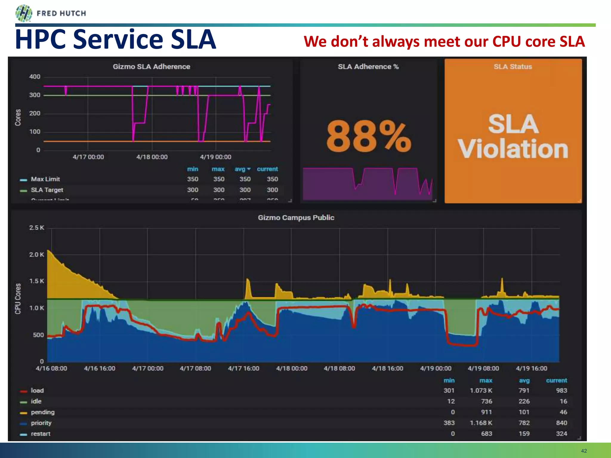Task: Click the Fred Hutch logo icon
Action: [24, 13]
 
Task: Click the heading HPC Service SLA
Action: [115, 39]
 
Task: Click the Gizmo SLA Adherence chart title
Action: [151, 66]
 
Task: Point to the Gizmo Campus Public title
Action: [296, 218]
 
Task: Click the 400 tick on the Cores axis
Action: [35, 77]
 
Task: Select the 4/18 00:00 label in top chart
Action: [152, 157]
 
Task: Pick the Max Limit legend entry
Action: [45, 179]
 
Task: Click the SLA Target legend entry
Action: [47, 190]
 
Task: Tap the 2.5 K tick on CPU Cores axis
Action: [36, 228]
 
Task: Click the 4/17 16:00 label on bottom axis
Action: [243, 368]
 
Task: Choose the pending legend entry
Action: [43, 412]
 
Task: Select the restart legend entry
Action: [41, 434]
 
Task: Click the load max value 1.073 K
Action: [481, 391]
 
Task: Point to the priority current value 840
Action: [561, 423]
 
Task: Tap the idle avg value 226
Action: [524, 401]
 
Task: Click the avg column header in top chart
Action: [240, 169]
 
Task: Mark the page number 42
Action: [584, 451]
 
